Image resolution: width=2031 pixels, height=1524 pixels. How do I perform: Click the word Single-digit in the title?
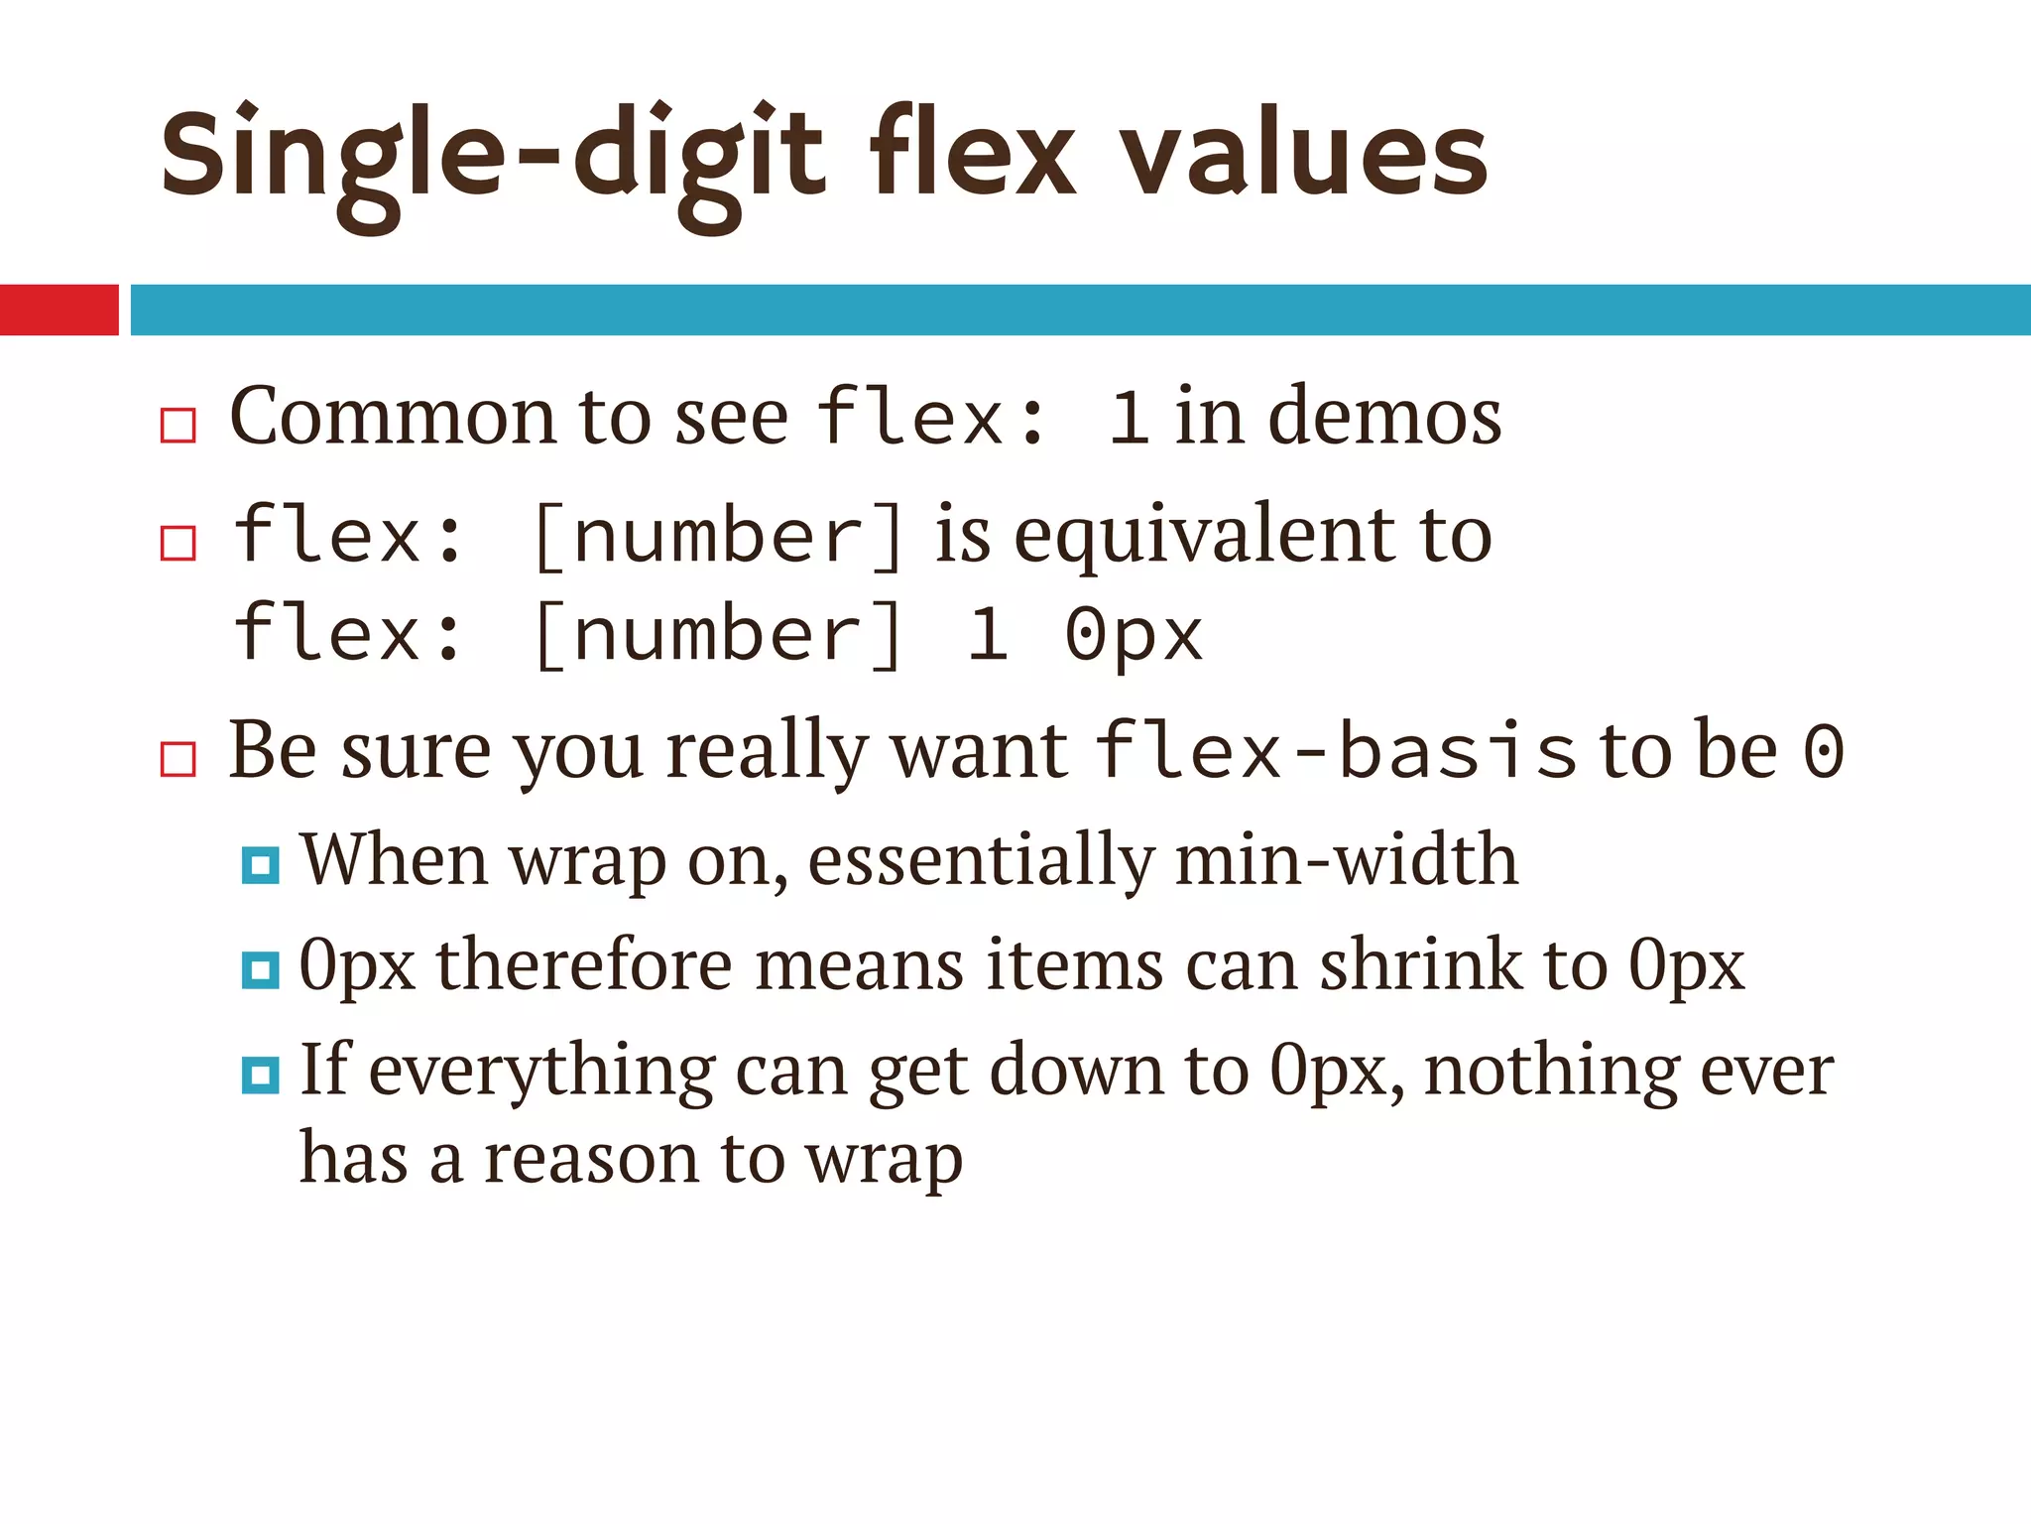(492, 159)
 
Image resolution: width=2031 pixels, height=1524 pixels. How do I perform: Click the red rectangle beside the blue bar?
(59, 310)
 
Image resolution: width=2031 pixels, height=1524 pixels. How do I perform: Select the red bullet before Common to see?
(179, 425)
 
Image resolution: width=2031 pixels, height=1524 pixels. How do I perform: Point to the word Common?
(393, 417)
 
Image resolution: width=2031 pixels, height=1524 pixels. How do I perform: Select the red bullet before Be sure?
(179, 759)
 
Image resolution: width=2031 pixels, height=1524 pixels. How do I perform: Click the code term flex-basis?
(1334, 751)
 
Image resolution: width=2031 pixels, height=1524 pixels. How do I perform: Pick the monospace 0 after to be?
(1823, 751)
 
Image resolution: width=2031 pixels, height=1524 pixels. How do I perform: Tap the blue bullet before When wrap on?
(260, 865)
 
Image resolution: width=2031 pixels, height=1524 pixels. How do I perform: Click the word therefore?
(584, 964)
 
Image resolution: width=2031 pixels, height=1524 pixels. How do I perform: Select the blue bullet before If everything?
(260, 1075)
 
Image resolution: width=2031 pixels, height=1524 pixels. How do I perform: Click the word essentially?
(981, 859)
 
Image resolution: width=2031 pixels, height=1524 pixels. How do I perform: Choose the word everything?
(541, 1072)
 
